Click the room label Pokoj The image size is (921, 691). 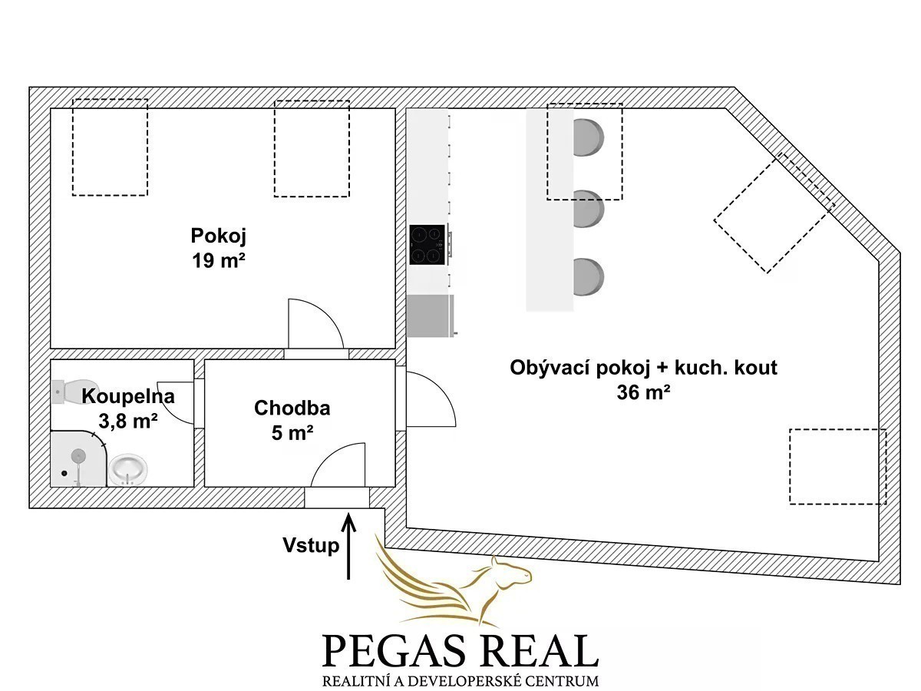pos(219,236)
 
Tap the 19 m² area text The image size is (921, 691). pos(219,261)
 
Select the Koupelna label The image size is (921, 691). pos(128,396)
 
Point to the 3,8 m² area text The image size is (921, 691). pos(128,421)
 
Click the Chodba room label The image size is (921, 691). pos(292,408)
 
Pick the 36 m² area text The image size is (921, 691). pos(643,392)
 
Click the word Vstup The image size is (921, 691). pos(311,545)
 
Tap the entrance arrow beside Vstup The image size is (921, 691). pos(348,547)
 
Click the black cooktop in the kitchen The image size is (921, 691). pos(427,245)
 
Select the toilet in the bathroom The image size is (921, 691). pos(74,392)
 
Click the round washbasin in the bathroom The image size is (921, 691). pos(128,469)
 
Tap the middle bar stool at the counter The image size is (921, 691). pos(589,208)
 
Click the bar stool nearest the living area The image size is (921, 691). pos(589,277)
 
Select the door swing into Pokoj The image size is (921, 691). pos(315,323)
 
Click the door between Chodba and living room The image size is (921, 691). pos(431,399)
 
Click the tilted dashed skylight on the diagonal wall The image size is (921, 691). pos(774,213)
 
